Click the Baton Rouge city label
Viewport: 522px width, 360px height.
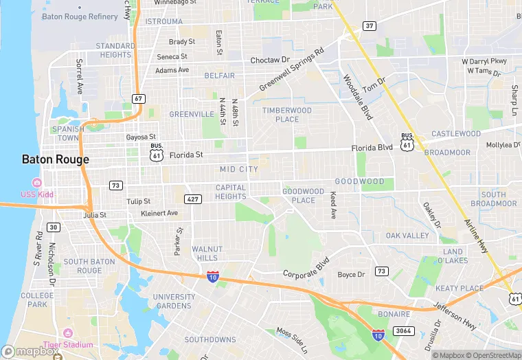point(55,159)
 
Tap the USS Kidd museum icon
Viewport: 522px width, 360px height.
point(37,183)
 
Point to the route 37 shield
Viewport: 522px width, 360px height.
point(369,26)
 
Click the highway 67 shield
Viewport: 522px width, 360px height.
point(139,99)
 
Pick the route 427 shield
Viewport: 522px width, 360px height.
point(193,199)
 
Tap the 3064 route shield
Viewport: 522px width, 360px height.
point(403,331)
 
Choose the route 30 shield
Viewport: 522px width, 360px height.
point(54,227)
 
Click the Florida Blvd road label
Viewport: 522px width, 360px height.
point(372,148)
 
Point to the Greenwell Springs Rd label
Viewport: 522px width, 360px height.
point(291,70)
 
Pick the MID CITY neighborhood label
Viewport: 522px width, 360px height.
point(239,169)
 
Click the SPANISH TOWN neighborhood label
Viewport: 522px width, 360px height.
point(68,133)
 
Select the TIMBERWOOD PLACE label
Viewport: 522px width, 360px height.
point(286,115)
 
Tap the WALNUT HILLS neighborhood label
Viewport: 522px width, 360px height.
point(207,254)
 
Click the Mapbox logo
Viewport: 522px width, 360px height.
point(30,352)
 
